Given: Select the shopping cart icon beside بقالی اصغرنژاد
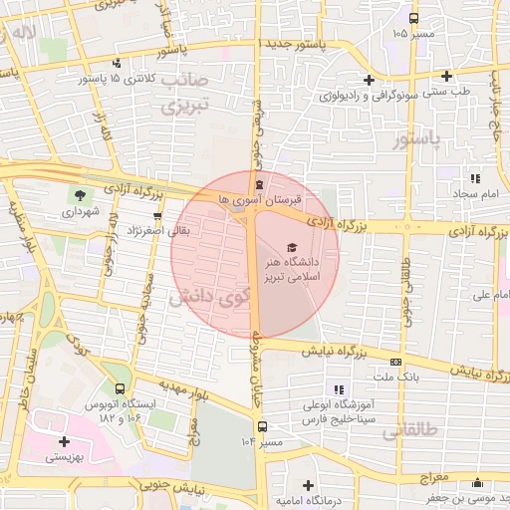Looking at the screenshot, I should [156, 215].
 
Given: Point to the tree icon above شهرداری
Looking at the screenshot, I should [79, 194].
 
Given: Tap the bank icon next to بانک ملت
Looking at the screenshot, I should [396, 361].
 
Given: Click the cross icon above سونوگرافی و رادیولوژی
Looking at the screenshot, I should [369, 80].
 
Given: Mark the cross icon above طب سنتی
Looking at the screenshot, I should [446, 76].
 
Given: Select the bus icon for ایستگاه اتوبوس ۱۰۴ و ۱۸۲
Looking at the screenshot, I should [122, 388].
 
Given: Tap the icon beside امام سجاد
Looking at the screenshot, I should [476, 178].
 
